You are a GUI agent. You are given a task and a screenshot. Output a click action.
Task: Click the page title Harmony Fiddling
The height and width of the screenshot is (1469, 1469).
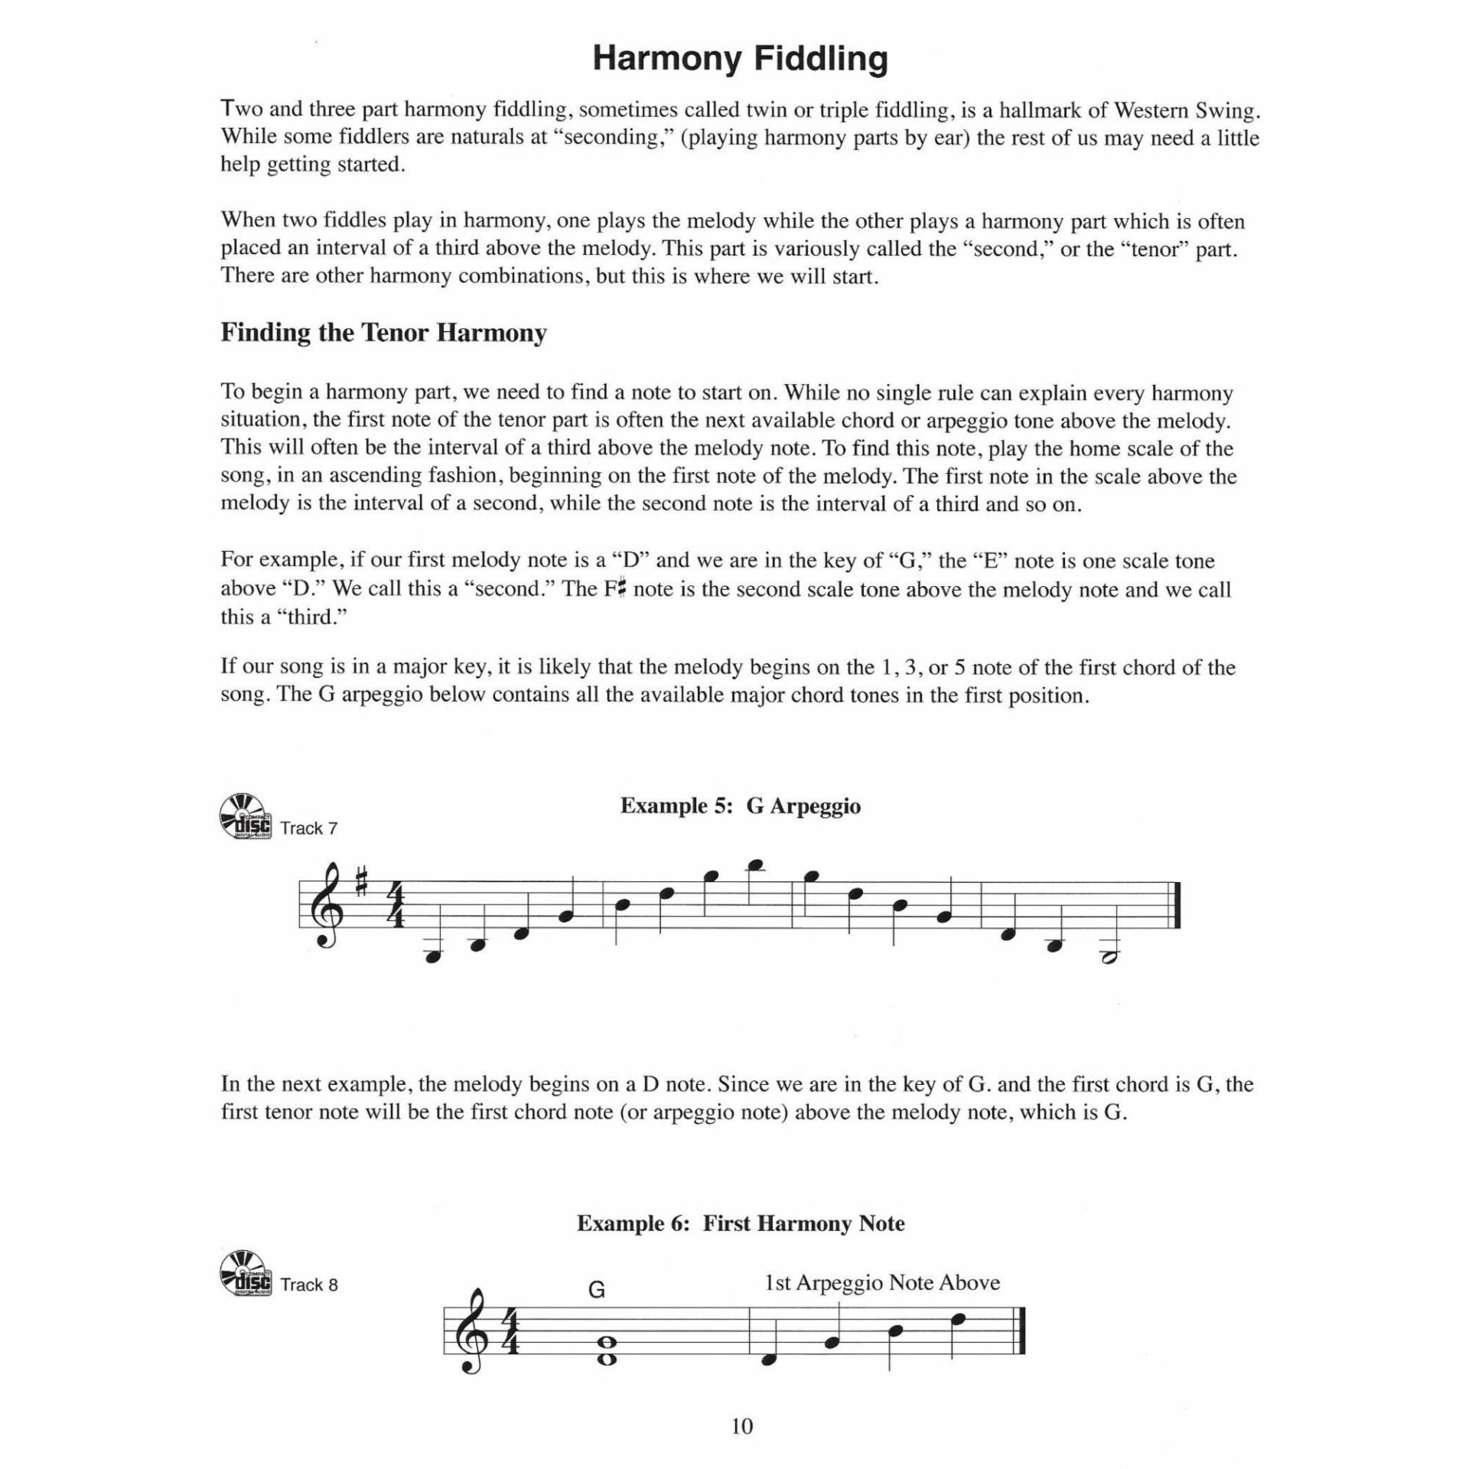740,59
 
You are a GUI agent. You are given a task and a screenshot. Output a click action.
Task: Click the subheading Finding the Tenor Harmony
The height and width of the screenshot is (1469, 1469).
383,333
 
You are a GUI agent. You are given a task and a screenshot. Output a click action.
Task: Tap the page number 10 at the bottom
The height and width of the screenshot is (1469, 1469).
742,1426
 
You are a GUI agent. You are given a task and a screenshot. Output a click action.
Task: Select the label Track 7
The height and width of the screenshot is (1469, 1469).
308,829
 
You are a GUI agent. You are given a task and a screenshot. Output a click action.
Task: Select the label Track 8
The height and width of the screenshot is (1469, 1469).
308,1285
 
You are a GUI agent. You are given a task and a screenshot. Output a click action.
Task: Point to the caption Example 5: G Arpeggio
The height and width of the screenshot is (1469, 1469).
740,806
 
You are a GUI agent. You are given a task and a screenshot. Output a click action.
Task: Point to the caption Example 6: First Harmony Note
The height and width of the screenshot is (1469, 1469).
740,1223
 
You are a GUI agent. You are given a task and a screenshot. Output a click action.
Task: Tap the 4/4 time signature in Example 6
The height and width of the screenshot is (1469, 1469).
512,1333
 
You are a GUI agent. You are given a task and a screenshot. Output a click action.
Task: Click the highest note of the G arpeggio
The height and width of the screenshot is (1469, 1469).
758,865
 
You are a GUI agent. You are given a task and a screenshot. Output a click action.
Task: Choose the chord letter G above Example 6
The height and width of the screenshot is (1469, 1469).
597,1291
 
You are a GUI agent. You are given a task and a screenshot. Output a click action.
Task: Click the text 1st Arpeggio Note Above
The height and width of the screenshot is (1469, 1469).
882,1283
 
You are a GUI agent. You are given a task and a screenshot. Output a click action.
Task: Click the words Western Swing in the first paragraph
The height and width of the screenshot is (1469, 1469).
1185,110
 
